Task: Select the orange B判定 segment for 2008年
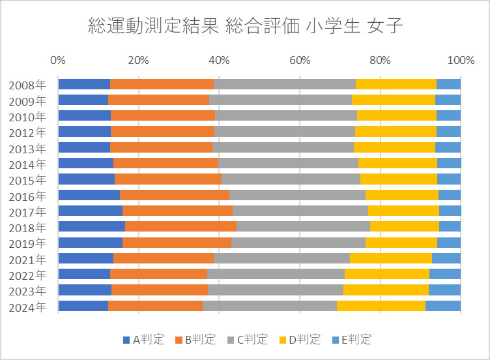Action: coord(162,83)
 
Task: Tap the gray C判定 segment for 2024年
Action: coord(269,306)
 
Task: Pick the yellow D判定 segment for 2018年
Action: coord(404,226)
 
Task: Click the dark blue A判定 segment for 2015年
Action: coord(86,179)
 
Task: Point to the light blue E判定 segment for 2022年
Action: coord(445,274)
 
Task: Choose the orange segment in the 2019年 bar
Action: coord(177,243)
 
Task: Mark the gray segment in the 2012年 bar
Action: coord(284,131)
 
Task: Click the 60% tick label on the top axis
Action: coord(299,61)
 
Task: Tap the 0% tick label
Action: coord(57,61)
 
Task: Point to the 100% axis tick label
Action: coord(460,61)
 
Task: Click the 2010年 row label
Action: coord(27,117)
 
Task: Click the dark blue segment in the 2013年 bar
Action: coord(84,147)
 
